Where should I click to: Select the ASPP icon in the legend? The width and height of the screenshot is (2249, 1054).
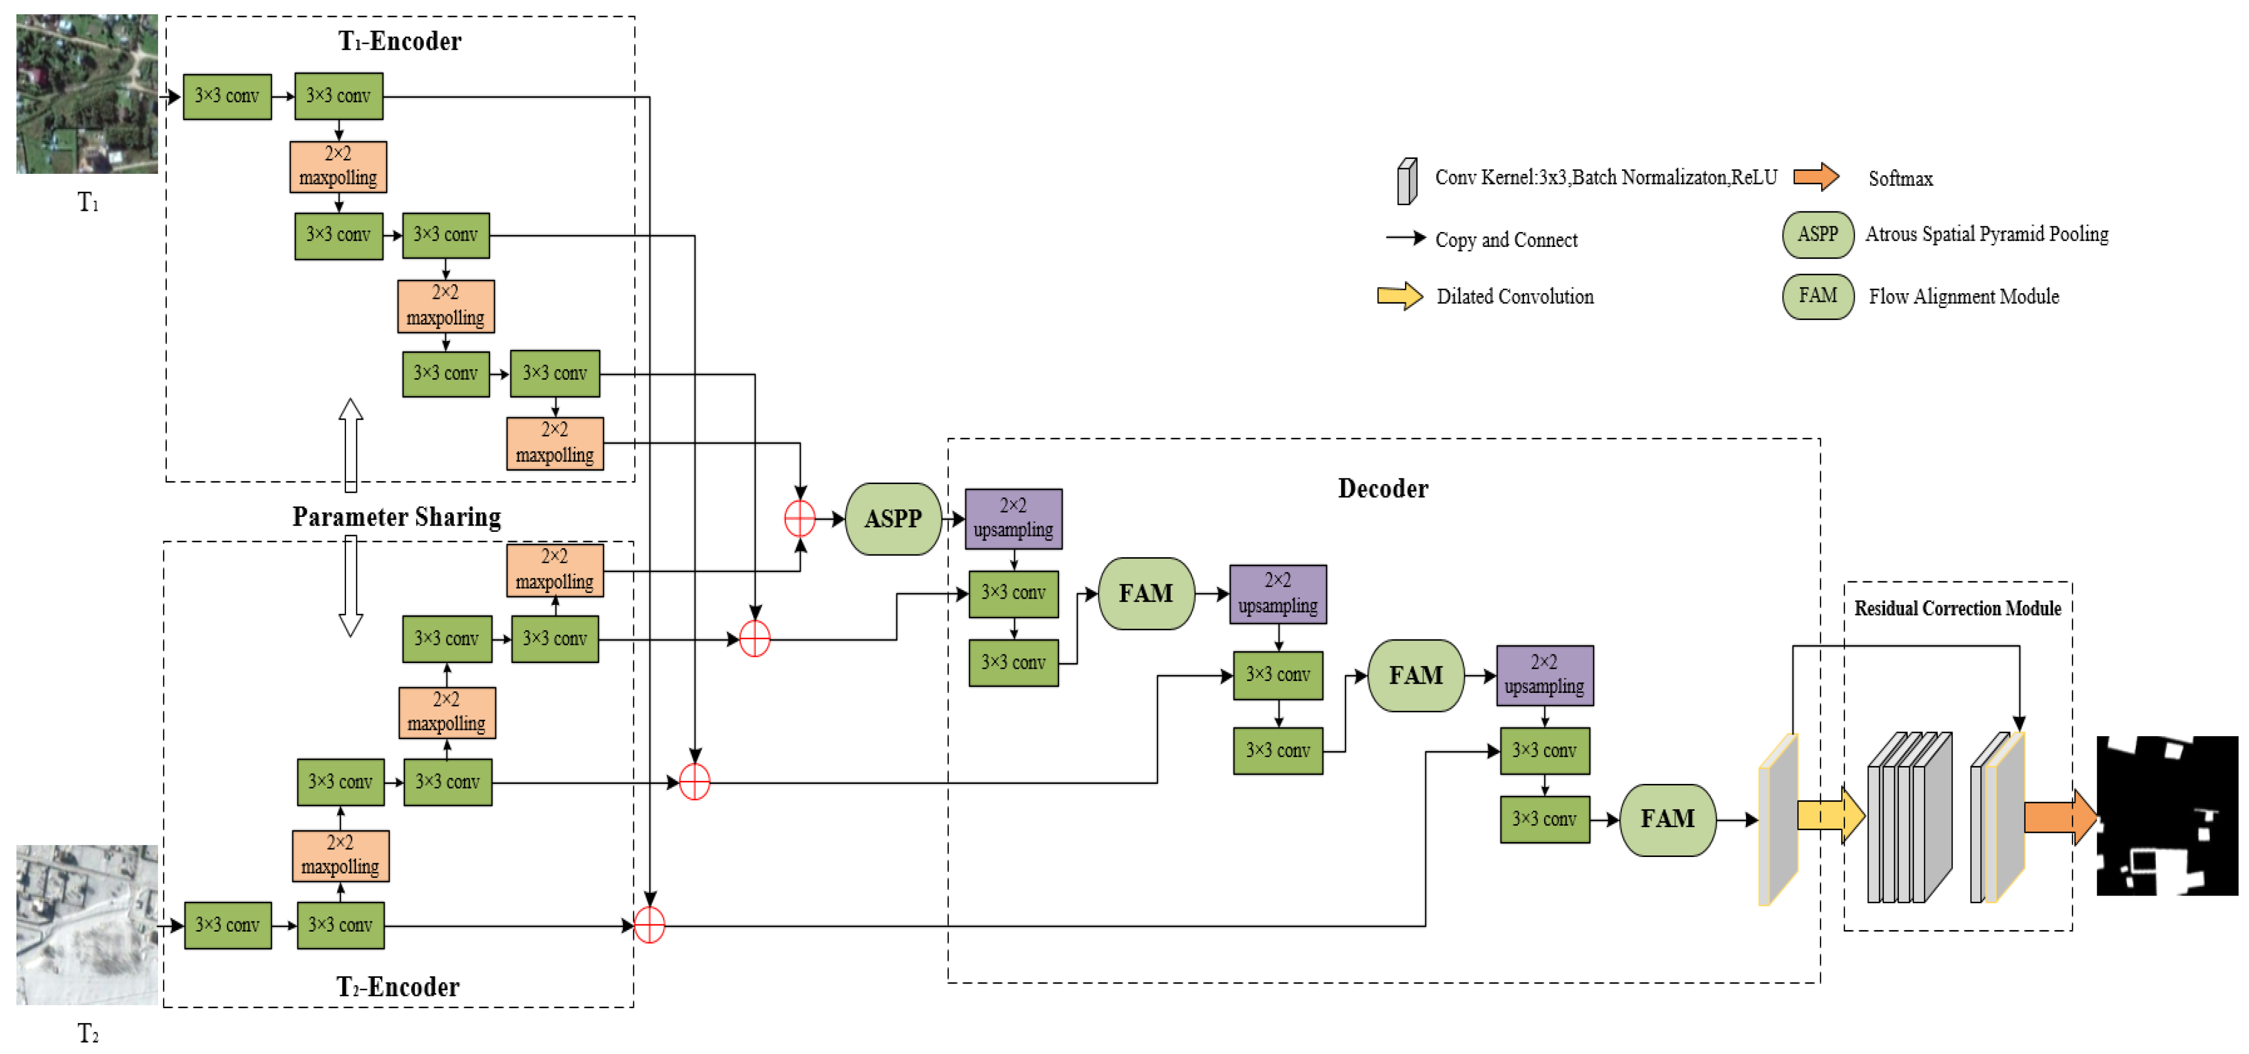pos(1818,235)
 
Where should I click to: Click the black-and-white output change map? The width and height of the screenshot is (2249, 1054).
pos(2167,816)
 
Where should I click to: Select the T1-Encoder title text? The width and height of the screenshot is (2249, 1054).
pos(400,41)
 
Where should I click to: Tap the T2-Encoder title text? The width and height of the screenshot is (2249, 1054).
pos(398,987)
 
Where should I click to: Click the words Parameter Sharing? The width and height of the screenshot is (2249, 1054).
pos(396,516)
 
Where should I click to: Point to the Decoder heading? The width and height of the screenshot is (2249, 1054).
pos(1383,489)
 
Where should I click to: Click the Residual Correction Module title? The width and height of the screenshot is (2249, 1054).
pos(1958,608)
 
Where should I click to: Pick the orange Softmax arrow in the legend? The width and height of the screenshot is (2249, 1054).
pos(1816,177)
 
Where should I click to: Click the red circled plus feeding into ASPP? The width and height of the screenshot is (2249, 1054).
pos(800,519)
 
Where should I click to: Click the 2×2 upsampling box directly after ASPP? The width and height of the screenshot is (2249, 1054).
pos(1013,519)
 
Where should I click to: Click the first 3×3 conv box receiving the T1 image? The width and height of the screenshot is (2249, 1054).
pos(227,96)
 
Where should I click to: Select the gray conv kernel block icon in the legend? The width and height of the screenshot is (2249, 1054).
pos(1407,182)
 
